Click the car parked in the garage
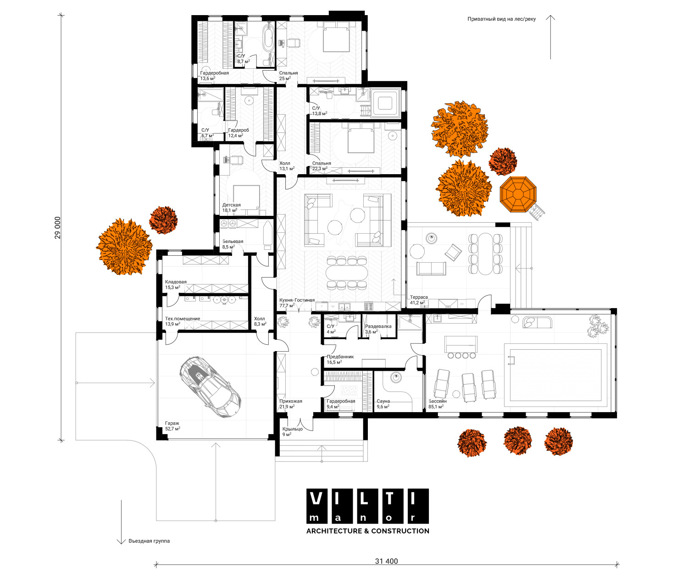pyautogui.click(x=211, y=386)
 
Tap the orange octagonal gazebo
pyautogui.click(x=518, y=194)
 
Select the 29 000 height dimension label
pyautogui.click(x=58, y=227)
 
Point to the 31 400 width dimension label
pyautogui.click(x=386, y=561)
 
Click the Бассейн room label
pyautogui.click(x=437, y=401)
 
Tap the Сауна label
pyautogui.click(x=383, y=401)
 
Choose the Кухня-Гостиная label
pyautogui.click(x=297, y=300)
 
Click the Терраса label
pyautogui.click(x=419, y=297)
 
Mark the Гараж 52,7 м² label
pyautogui.click(x=172, y=426)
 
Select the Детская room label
pyautogui.click(x=231, y=205)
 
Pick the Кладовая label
pyautogui.click(x=176, y=282)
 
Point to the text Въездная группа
pyautogui.click(x=149, y=541)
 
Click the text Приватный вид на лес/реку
pyautogui.click(x=501, y=19)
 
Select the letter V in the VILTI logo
pyautogui.click(x=316, y=499)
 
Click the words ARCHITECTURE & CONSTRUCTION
pyautogui.click(x=367, y=531)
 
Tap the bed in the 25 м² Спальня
pyautogui.click(x=336, y=37)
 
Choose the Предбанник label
pyautogui.click(x=340, y=357)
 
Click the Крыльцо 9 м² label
pyautogui.click(x=292, y=431)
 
